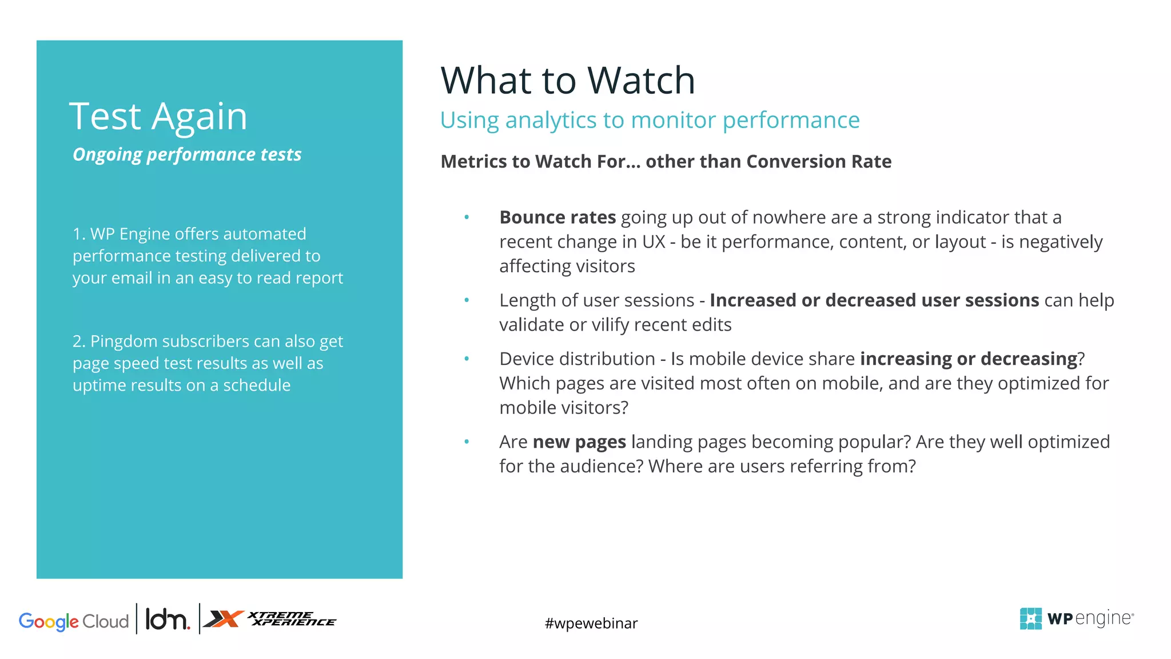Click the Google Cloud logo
coord(74,621)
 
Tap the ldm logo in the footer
coord(167,620)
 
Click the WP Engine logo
coord(1076,618)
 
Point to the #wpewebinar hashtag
coord(591,623)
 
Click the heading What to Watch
coord(568,80)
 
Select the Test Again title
coord(158,116)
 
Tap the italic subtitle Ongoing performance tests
coord(187,154)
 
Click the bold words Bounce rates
coord(557,217)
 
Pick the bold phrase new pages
coord(579,442)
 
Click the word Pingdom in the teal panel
coord(124,342)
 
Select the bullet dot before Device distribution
coord(467,359)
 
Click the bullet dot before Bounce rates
coord(467,217)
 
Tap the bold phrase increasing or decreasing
coord(969,359)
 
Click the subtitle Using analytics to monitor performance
coord(650,120)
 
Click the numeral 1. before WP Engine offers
coord(79,234)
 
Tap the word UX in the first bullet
coord(654,242)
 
